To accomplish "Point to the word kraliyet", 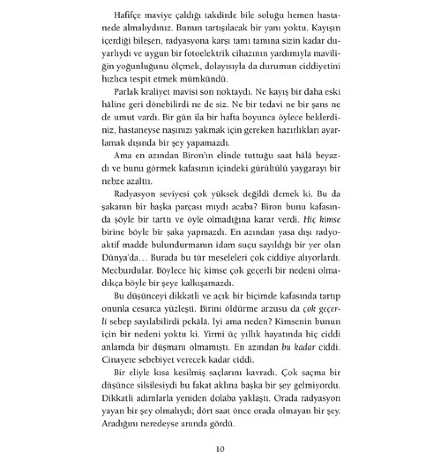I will (x=161, y=93).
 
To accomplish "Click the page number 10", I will (x=220, y=449).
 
